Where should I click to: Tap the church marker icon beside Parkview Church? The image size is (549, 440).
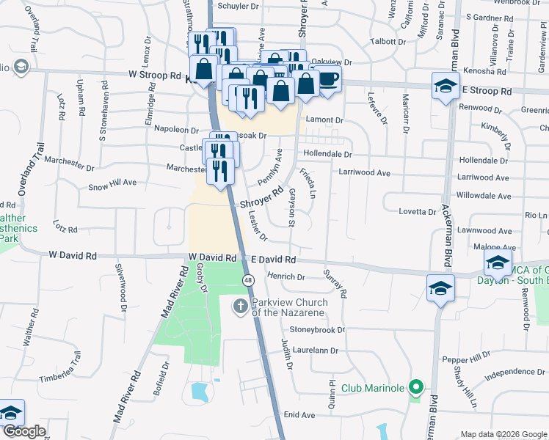click(240, 307)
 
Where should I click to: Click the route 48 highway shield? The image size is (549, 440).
click(250, 280)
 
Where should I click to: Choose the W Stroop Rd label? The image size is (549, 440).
click(154, 75)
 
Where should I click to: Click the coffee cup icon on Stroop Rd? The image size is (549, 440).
click(328, 78)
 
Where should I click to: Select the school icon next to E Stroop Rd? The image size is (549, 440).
click(446, 87)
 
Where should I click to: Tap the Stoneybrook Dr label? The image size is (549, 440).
click(317, 330)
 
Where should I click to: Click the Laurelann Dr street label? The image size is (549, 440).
click(313, 351)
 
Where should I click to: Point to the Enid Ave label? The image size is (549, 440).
click(299, 415)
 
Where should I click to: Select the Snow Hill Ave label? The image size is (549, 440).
click(112, 182)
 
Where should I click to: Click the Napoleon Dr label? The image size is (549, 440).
click(172, 128)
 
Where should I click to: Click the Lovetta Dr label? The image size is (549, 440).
click(417, 211)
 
